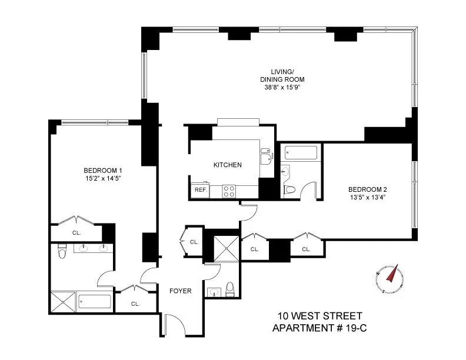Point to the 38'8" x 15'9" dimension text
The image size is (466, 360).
(282, 87)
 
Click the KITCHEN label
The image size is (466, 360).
(227, 165)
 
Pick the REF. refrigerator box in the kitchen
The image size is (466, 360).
(200, 191)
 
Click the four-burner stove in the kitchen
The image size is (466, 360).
(228, 191)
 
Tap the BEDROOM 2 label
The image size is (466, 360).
(367, 189)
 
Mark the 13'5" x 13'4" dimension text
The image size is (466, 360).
(367, 197)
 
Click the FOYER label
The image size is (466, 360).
(180, 291)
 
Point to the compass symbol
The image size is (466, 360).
(389, 278)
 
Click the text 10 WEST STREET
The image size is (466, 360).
(320, 316)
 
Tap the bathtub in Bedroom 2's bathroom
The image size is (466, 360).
(300, 153)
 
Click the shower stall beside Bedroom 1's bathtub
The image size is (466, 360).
(62, 302)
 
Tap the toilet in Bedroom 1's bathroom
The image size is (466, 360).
(61, 254)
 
